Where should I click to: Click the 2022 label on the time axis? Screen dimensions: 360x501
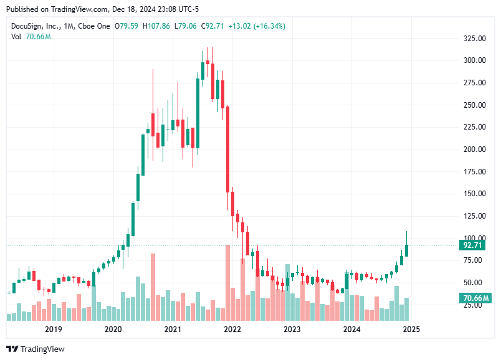tap(232, 329)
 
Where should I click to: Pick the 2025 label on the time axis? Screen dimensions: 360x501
tap(411, 329)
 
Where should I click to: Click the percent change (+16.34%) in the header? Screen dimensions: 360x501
tap(267, 26)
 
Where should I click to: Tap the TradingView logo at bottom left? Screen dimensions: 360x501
tap(36, 349)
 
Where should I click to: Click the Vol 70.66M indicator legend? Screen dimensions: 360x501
tap(31, 37)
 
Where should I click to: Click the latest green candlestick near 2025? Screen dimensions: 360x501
tap(407, 250)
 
